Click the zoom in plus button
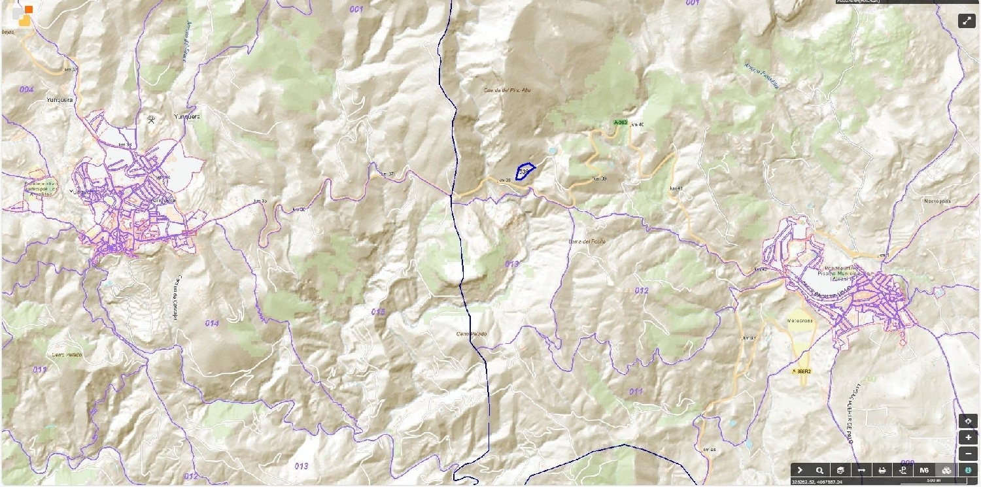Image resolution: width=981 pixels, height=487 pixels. (968, 437)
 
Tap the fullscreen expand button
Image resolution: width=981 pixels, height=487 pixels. (967, 20)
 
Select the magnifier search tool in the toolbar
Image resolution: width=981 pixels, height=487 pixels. (819, 470)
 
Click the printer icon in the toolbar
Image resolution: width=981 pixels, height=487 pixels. (882, 470)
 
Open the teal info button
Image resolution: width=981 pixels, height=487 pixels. (968, 470)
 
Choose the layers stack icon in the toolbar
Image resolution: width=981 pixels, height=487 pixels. (840, 470)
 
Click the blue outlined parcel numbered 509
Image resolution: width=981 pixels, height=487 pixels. (525, 171)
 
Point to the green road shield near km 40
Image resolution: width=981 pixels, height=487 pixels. (620, 122)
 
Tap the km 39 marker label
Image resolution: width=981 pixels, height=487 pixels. (600, 179)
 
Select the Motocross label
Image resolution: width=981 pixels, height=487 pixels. (800, 321)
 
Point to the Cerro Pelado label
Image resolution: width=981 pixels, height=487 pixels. (472, 334)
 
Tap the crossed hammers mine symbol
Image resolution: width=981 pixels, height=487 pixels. (152, 119)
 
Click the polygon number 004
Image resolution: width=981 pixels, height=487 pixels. (26, 89)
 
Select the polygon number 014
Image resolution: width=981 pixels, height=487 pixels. (211, 323)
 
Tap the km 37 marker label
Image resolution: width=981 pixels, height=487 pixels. (387, 174)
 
